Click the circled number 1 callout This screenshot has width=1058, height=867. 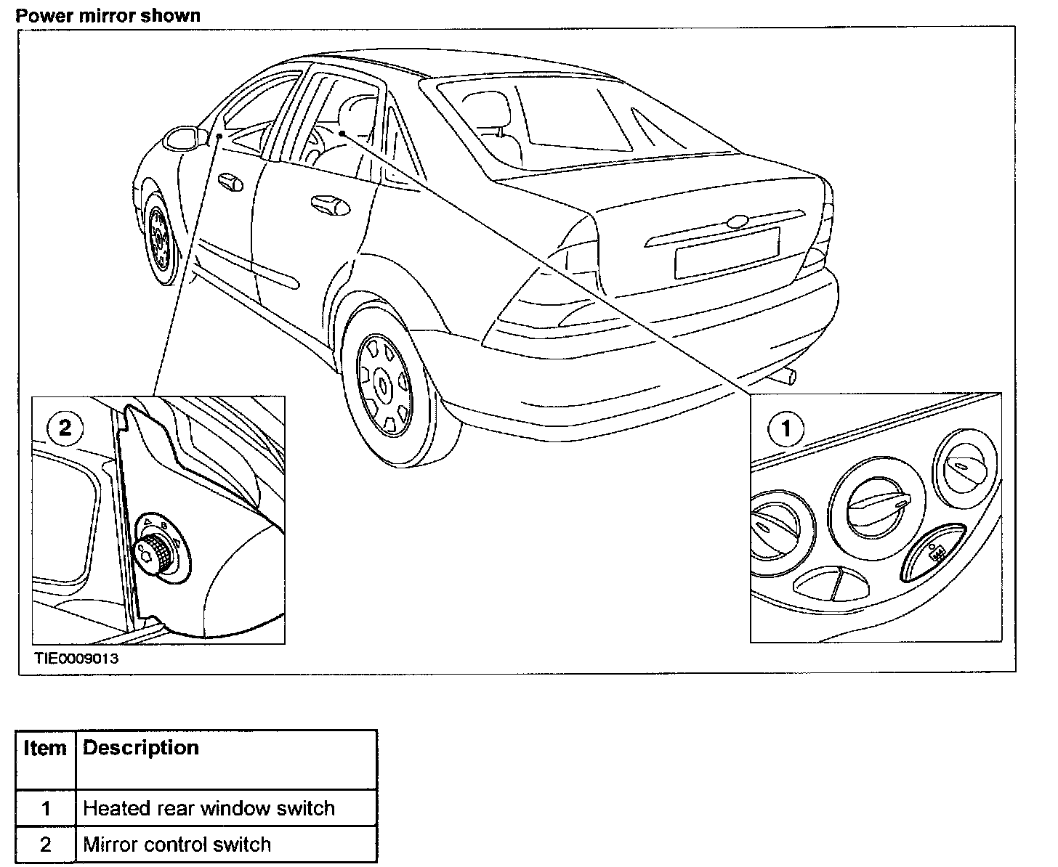click(x=786, y=428)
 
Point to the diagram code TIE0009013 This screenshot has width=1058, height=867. click(x=76, y=659)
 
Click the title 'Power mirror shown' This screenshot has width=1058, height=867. click(x=108, y=15)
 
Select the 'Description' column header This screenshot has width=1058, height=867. click(x=141, y=749)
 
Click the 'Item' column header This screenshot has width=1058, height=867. click(x=45, y=749)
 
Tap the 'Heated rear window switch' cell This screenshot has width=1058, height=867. click(x=209, y=808)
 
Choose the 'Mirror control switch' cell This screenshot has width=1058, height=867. click(x=177, y=844)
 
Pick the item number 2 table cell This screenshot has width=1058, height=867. click(x=46, y=844)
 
